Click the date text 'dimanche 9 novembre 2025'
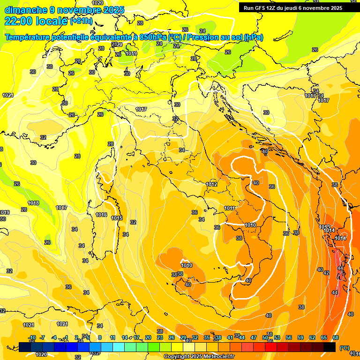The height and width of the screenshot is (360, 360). [x=64, y=10]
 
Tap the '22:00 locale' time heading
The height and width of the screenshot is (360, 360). [x=35, y=21]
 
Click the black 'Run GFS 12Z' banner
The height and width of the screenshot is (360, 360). [x=292, y=7]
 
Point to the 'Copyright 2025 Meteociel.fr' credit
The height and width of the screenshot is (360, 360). [x=199, y=356]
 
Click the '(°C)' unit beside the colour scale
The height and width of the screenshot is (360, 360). [x=344, y=348]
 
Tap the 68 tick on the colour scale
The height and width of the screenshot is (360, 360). [x=336, y=337]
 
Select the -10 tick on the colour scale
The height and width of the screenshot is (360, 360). [x=32, y=337]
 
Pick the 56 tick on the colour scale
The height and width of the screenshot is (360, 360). [x=288, y=337]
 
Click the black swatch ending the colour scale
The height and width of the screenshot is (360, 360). [x=330, y=347]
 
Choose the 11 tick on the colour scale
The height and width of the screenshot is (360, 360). [x=112, y=337]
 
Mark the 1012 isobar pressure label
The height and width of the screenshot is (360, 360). [x=212, y=184]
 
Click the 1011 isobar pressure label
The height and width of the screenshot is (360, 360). [x=229, y=208]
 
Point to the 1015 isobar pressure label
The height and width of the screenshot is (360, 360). [x=117, y=218]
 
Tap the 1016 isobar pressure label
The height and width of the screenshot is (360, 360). [x=101, y=215]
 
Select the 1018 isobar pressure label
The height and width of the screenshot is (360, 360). [x=33, y=203]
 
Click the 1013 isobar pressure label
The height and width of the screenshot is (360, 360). [x=324, y=227]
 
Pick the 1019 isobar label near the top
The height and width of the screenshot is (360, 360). [x=131, y=53]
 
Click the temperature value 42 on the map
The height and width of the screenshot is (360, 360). [x=326, y=272]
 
